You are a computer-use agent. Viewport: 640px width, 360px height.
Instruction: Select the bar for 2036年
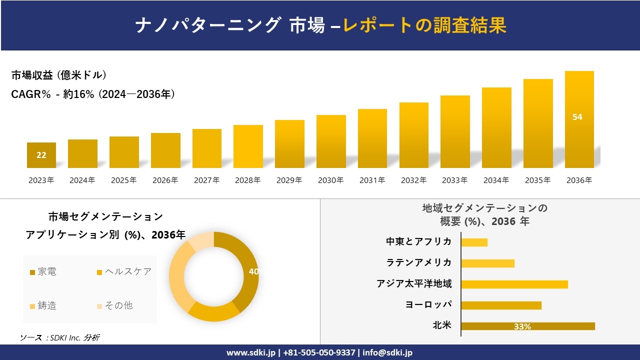coord(579,120)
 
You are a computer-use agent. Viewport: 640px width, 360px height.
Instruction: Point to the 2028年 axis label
coord(248,180)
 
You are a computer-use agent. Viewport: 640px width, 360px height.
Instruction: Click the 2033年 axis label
coord(455,180)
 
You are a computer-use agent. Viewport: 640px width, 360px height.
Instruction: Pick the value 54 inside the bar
coord(577,117)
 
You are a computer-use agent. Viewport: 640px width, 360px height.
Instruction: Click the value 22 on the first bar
coord(41,155)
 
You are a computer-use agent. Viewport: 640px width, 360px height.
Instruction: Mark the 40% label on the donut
coord(256,271)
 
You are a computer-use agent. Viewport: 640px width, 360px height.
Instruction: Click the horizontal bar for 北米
coord(528,326)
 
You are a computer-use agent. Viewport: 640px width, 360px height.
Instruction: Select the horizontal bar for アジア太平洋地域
coord(514,284)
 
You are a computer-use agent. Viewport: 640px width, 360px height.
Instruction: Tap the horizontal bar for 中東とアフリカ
coord(474,242)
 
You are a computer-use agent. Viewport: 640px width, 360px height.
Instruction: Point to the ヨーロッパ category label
coord(428,304)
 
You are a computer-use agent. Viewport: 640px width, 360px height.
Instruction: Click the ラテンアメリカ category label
coord(419,262)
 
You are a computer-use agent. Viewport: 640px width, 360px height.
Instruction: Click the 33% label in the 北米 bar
coord(522,326)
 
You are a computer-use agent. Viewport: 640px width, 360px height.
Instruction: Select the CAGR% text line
coord(93,94)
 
